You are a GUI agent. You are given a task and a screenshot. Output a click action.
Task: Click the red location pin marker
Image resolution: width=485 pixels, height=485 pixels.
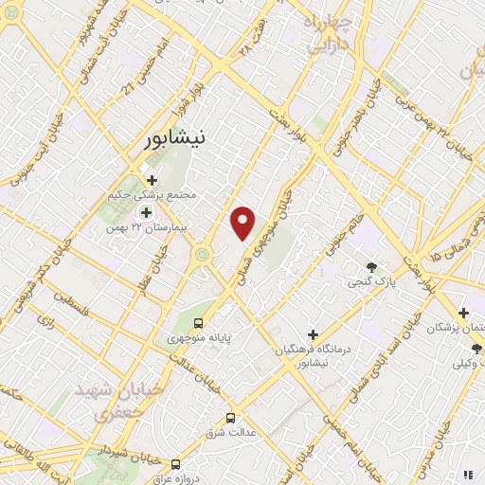pos(243,222)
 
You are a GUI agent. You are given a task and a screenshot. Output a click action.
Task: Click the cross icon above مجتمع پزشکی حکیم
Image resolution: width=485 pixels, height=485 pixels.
pos(152,179)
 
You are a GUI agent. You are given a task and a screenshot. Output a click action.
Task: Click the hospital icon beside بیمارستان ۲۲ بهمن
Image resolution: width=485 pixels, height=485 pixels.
pos(146,212)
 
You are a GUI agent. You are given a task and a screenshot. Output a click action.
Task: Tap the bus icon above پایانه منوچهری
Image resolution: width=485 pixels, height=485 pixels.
pos(198,325)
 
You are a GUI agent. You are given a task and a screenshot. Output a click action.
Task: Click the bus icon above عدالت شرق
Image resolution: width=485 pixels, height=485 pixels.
pos(230,418)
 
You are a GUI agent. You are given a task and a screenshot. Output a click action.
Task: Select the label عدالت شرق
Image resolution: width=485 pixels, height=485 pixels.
pos(227,433)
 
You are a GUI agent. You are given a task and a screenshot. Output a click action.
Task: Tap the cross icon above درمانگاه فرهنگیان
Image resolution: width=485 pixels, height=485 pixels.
pos(313,333)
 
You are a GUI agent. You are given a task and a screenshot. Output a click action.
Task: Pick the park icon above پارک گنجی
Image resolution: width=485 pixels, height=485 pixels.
pos(370,267)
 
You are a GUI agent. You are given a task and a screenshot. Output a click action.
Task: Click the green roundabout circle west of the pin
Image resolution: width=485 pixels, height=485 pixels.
pos(203,254)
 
